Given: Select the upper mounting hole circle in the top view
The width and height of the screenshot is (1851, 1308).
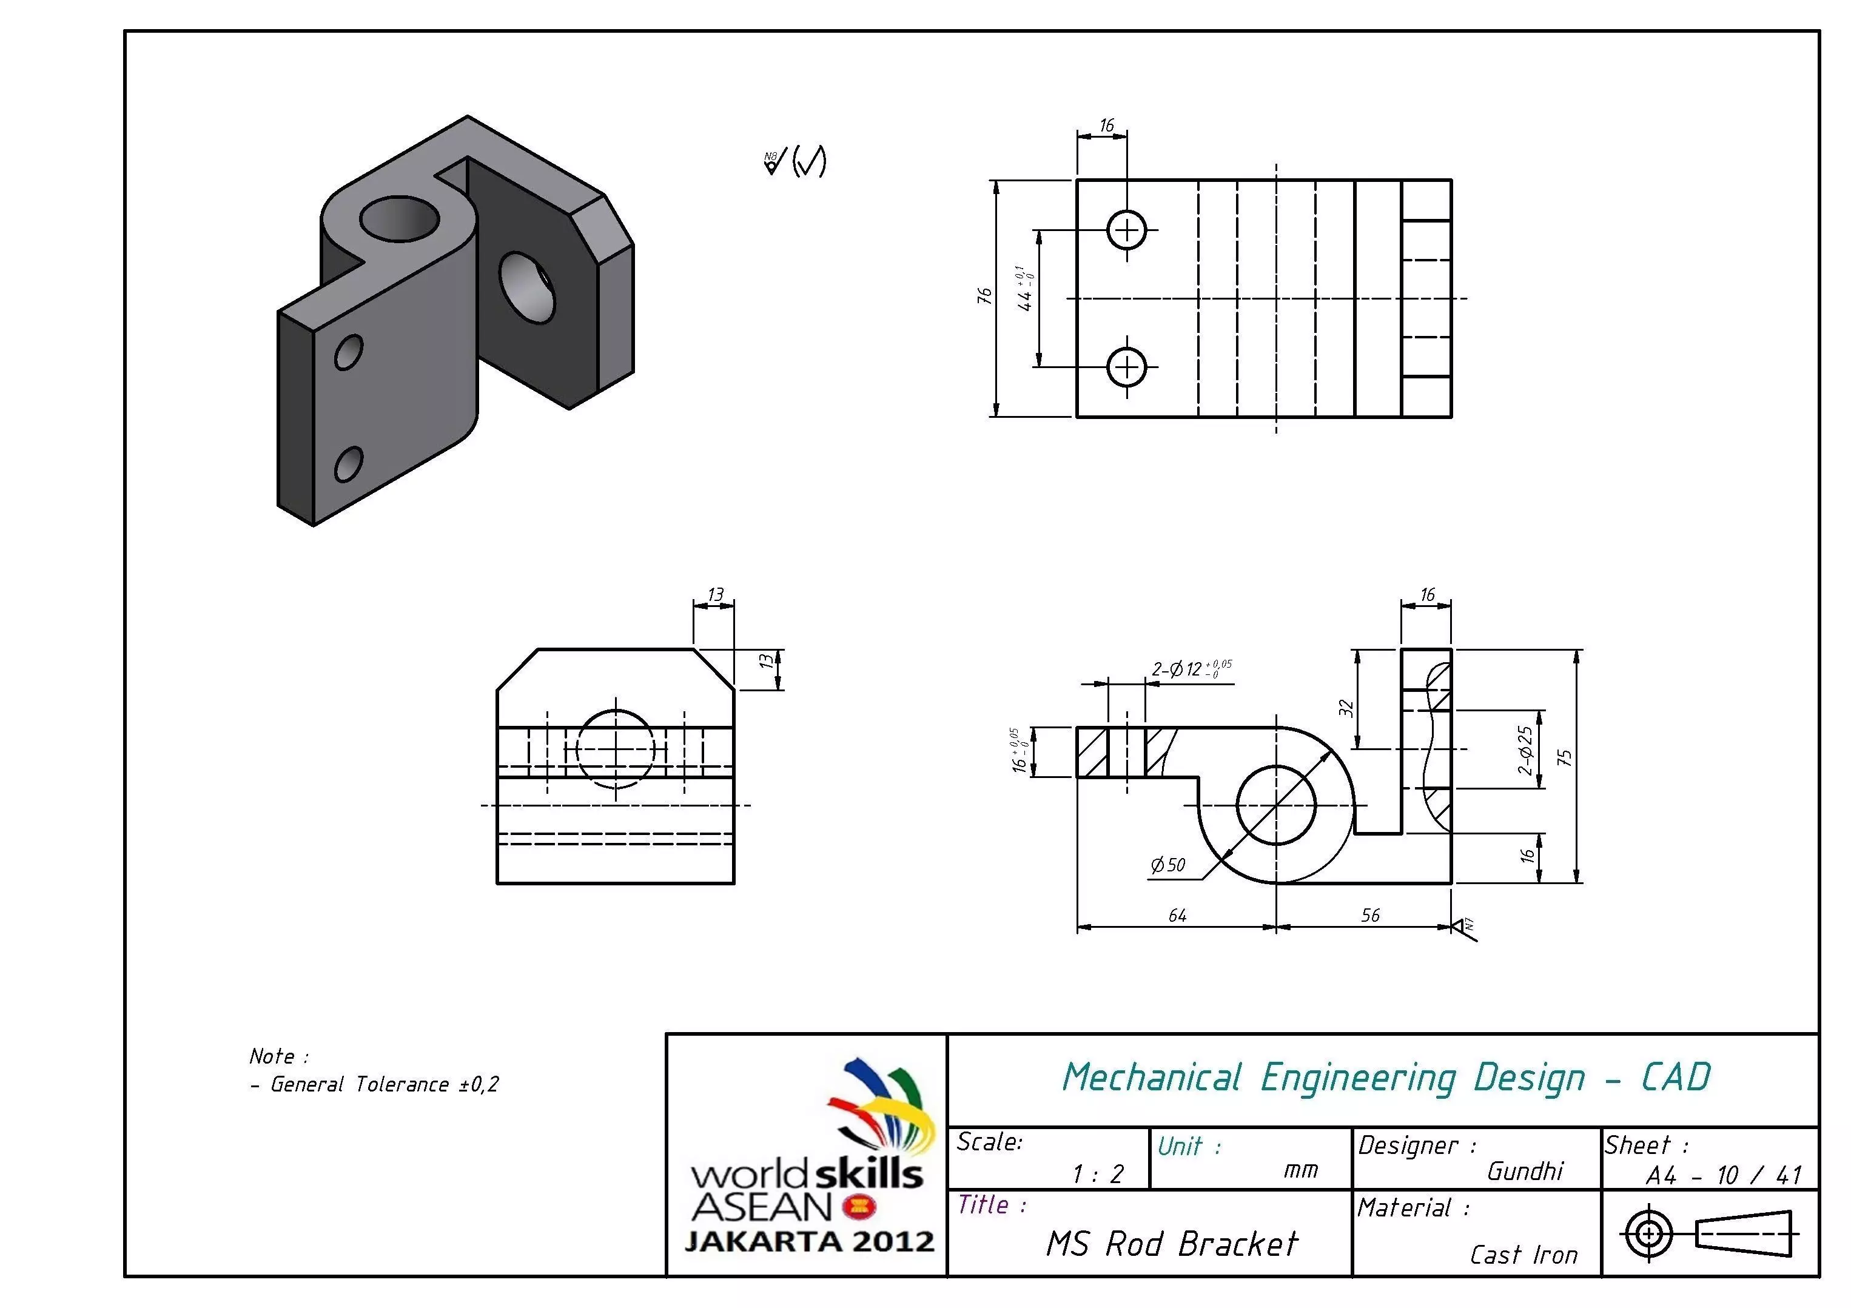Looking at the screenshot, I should (x=1127, y=230).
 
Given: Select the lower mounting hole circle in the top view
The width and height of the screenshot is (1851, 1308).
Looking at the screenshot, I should (x=1127, y=367).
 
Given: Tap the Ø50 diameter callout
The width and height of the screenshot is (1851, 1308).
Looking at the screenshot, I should (x=1168, y=865).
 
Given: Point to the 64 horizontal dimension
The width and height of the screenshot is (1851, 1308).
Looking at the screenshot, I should (x=1177, y=916).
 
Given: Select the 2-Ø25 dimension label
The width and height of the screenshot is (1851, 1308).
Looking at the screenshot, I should (x=1525, y=750).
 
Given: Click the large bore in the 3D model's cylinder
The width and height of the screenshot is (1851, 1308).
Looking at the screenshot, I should (x=400, y=218).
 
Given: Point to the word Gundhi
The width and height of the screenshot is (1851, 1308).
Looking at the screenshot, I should (x=1525, y=1171).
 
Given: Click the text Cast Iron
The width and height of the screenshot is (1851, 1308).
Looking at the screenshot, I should (x=1523, y=1255).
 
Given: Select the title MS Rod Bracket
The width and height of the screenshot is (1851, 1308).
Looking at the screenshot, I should (x=1171, y=1244).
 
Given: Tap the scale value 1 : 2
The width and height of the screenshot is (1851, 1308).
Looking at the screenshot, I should (x=1097, y=1174).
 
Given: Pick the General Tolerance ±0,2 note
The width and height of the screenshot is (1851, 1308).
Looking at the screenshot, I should (x=385, y=1085).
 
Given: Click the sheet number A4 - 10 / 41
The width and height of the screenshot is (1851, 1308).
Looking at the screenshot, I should (x=1723, y=1176).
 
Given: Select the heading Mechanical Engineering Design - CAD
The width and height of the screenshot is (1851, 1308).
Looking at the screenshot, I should (x=1385, y=1078).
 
